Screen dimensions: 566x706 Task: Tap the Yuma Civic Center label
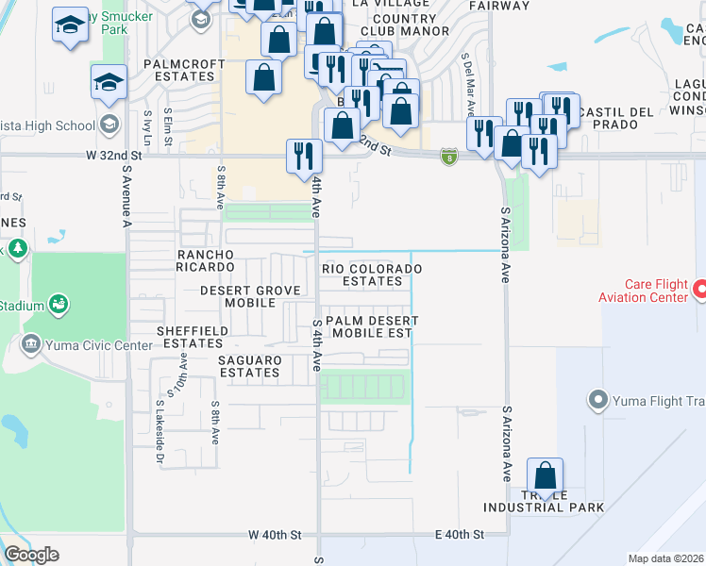(x=98, y=344)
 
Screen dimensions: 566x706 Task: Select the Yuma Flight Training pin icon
(x=597, y=401)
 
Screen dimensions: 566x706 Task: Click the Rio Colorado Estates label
(x=372, y=275)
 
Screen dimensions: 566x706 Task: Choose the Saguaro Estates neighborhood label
(x=250, y=366)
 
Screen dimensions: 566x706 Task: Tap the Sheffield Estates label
(x=190, y=337)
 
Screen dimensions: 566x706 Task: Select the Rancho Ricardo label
(x=217, y=260)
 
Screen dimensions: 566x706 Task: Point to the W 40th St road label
(x=275, y=535)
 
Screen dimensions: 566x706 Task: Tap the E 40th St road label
(x=460, y=535)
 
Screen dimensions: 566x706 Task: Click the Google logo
(x=32, y=555)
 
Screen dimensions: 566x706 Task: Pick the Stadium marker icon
(x=59, y=305)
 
